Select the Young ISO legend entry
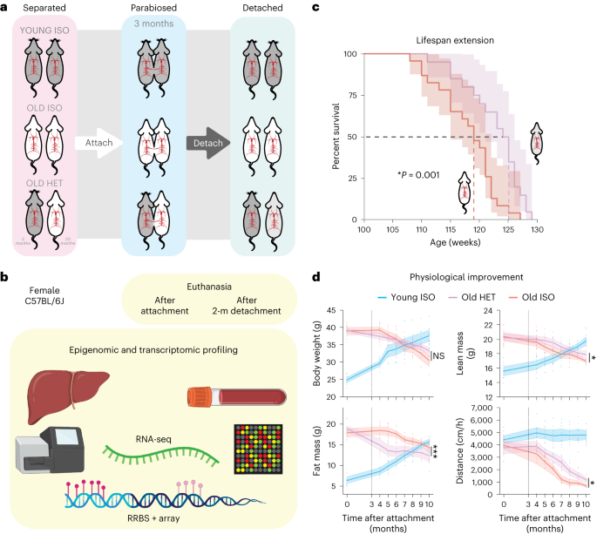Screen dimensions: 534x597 point(404,299)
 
